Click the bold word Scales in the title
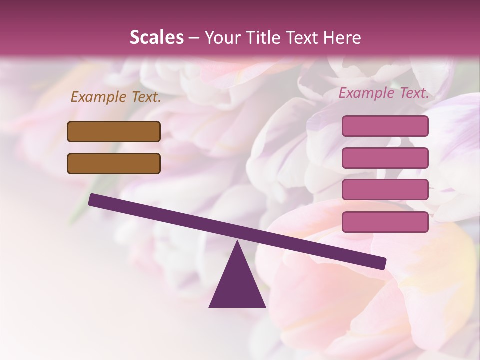[x=156, y=38]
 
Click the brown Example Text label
[x=116, y=97]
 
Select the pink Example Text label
[x=384, y=93]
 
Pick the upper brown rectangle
[x=114, y=131]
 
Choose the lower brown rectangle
[x=114, y=163]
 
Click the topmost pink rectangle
[x=385, y=126]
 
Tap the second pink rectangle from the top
[x=385, y=158]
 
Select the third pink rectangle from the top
[x=385, y=189]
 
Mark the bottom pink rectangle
[x=385, y=222]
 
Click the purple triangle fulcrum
[x=237, y=285]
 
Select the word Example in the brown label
[x=99, y=97]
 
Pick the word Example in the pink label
[x=367, y=93]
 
